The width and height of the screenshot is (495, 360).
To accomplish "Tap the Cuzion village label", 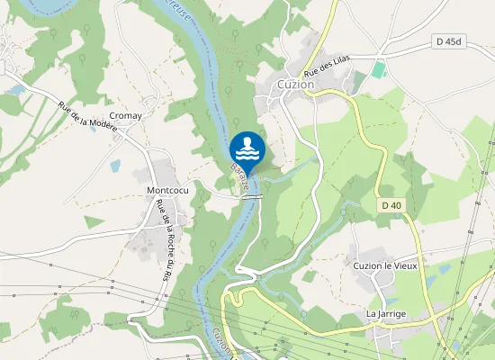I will pos(296,84).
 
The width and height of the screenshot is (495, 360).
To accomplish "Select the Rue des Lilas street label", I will pos(326,64).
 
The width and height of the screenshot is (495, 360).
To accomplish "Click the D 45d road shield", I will pos(449,41).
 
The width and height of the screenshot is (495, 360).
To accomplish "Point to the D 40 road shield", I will pos(391,206).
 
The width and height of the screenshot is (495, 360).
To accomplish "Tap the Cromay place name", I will pos(125,116).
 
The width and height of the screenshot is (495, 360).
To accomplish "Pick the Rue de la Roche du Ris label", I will pos(164,237).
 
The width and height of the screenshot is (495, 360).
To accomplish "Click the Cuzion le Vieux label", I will pos(385,266).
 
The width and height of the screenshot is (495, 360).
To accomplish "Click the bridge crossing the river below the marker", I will pos(255,195).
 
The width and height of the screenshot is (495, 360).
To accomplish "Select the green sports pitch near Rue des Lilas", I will pos(379,69).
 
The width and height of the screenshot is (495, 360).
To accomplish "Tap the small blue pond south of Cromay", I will pos(114,166).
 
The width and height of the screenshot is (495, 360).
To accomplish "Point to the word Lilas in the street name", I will pos(338,60).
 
